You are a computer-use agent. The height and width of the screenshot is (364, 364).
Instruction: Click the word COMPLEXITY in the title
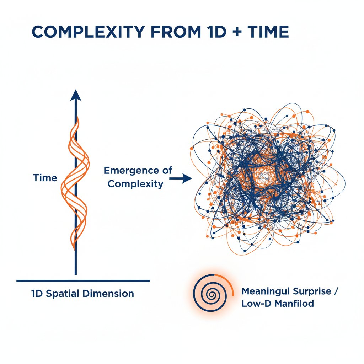(x=89, y=32)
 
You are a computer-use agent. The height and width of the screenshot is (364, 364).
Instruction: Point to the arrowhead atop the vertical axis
(x=75, y=95)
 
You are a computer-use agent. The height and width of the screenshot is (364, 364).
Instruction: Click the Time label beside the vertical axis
(x=45, y=178)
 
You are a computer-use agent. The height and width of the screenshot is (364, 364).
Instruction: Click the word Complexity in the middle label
(x=135, y=184)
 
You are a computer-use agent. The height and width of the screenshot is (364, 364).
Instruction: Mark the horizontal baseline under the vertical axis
(x=83, y=281)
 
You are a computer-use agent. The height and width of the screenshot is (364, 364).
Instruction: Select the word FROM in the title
(x=174, y=32)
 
